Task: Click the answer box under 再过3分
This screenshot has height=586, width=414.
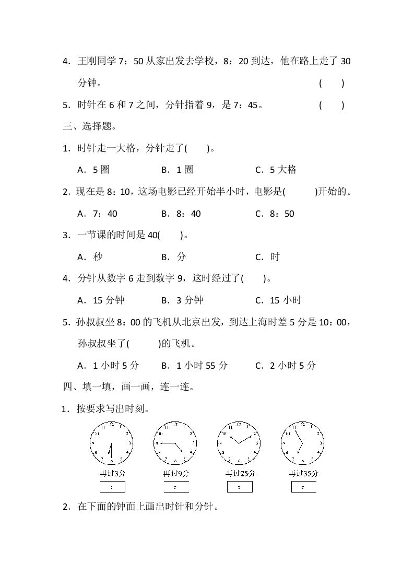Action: [112, 487]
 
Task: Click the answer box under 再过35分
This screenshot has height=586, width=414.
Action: [303, 487]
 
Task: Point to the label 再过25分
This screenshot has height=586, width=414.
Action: [240, 474]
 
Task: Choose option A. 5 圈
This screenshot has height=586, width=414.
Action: [93, 170]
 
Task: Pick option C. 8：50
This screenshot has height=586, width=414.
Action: [275, 214]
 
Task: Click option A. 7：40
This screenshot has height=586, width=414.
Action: [97, 214]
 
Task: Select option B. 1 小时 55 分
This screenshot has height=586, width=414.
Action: [194, 366]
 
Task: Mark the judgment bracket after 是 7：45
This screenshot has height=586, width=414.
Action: [332, 105]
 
